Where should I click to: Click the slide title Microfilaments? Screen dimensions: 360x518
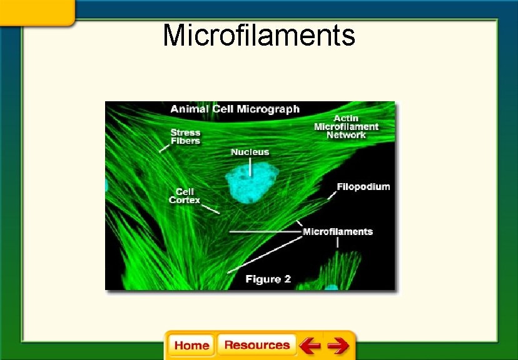(x=258, y=36)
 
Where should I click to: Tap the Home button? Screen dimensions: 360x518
(x=191, y=346)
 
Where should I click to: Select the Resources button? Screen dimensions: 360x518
(x=256, y=345)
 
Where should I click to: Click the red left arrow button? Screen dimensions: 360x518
(x=310, y=346)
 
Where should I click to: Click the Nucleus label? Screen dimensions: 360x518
(x=250, y=152)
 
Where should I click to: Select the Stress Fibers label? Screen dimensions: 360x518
(x=185, y=136)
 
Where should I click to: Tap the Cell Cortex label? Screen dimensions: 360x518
(x=185, y=196)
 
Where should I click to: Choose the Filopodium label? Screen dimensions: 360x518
(x=363, y=187)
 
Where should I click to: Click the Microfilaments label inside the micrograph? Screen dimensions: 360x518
(x=337, y=232)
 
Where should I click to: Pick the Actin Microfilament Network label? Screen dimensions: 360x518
(x=346, y=127)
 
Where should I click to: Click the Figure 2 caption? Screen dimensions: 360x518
(x=268, y=279)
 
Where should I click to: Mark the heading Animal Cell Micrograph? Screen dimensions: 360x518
(x=235, y=109)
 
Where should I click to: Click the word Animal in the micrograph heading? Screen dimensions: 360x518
(x=189, y=109)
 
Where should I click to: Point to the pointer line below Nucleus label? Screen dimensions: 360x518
(x=250, y=167)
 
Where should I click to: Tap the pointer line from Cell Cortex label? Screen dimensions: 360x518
(x=211, y=209)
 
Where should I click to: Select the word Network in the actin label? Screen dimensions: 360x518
(x=346, y=135)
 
